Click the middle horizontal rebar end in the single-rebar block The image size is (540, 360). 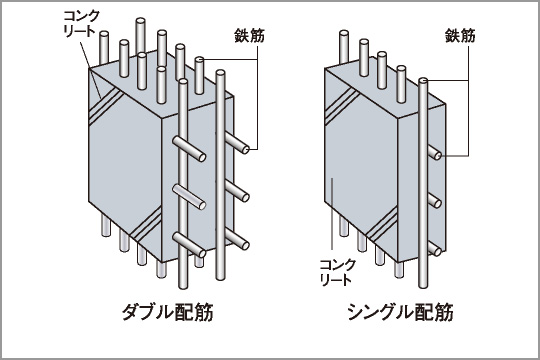(437, 201)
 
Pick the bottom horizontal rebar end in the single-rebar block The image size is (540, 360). (437, 249)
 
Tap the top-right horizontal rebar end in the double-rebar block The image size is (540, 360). (245, 149)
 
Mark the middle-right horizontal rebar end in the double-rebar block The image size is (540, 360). (245, 196)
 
